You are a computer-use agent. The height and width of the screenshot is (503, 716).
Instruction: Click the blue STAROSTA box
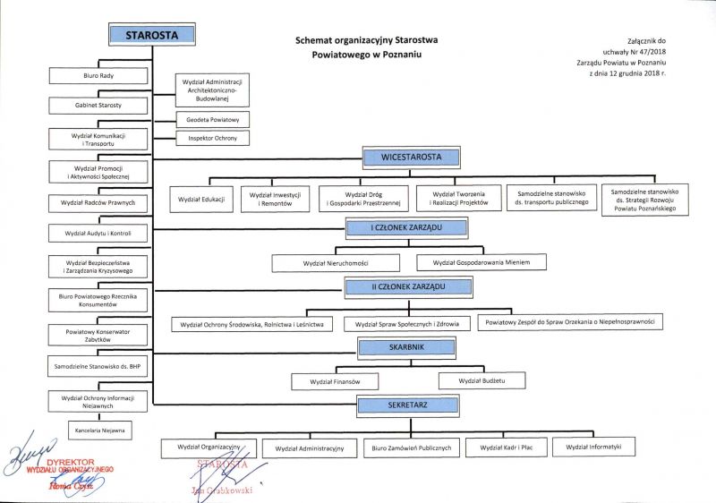[x=152, y=35]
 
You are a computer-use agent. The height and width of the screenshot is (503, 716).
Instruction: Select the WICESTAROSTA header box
[x=412, y=158]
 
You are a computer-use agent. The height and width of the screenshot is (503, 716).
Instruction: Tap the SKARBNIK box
[x=405, y=346]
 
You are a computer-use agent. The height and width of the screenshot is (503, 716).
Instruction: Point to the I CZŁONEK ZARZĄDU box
[x=406, y=228]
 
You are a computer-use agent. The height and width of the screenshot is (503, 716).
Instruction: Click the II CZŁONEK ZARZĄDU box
[x=408, y=286]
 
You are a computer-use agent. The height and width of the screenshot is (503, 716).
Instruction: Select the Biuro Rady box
[x=98, y=76]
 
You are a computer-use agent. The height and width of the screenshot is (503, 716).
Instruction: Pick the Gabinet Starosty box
[x=98, y=106]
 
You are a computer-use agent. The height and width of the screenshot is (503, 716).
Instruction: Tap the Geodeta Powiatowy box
[x=212, y=119]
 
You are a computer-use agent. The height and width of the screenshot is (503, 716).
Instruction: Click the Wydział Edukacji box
[x=201, y=198]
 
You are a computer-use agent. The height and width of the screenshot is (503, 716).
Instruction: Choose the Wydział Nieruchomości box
[x=336, y=262]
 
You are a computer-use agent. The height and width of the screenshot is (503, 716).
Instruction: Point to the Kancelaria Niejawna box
[x=98, y=431]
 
